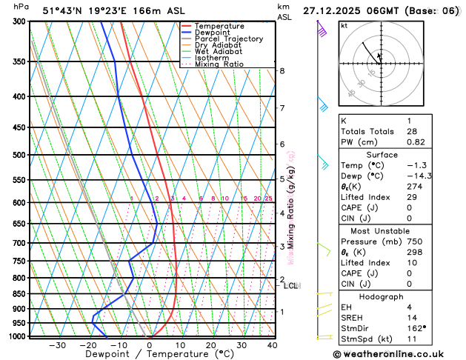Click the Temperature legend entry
tap(222, 26)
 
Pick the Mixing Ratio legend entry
tap(219, 64)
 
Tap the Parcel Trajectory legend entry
tap(229, 39)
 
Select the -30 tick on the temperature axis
tap(57, 345)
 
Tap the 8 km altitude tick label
tap(282, 71)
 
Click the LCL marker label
tap(291, 285)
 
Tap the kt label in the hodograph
tap(344, 25)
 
